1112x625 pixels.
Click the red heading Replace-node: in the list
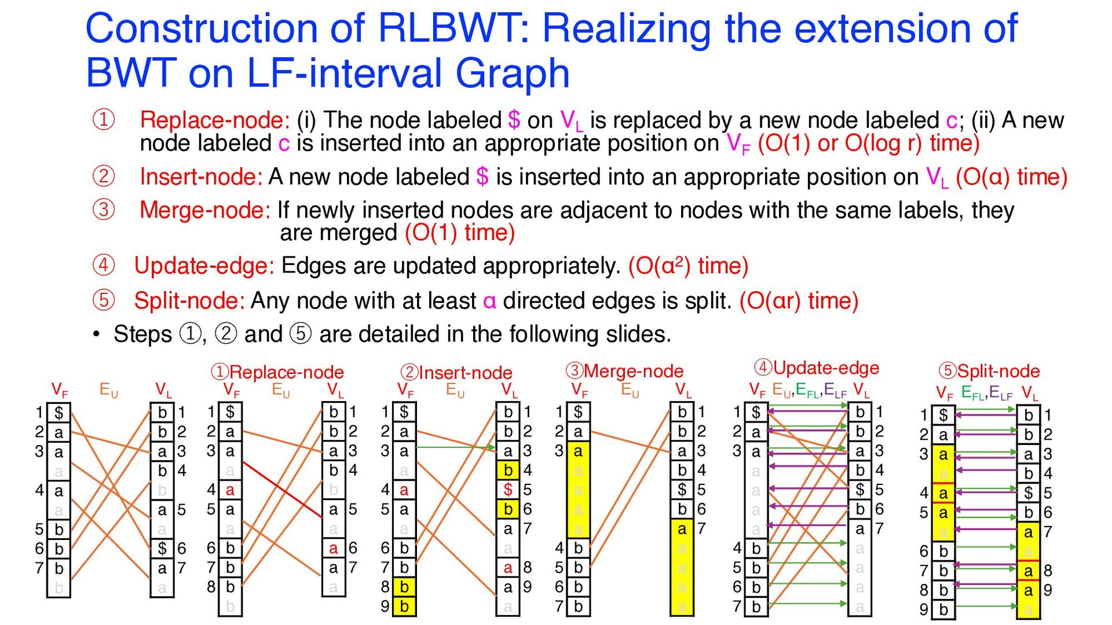click(215, 120)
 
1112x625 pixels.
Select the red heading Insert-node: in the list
click(202, 177)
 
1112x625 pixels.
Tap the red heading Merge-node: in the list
click(205, 210)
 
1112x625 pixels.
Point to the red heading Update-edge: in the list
click(204, 266)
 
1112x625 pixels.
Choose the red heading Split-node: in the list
click(189, 301)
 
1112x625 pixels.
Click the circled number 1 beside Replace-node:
click(104, 120)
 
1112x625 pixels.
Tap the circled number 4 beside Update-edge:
click(104, 265)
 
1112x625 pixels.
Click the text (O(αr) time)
click(799, 301)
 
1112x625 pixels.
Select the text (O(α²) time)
click(689, 266)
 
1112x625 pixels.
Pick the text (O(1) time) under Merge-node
click(460, 233)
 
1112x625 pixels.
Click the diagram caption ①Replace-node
click(277, 372)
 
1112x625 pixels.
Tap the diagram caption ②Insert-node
click(457, 373)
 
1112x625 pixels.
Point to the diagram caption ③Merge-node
click(624, 371)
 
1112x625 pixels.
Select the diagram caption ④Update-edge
click(817, 368)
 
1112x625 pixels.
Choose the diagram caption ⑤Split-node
click(989, 371)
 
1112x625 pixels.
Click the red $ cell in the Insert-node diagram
click(508, 490)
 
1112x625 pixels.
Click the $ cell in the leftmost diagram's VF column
click(58, 413)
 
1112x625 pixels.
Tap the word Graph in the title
click(513, 73)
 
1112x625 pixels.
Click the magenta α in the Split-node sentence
click(489, 302)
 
